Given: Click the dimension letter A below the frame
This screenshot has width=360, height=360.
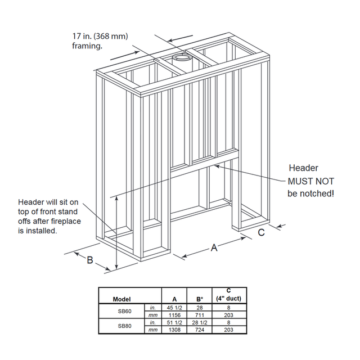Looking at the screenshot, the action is point(214,247).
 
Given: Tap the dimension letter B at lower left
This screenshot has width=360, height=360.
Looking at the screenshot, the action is point(90,260).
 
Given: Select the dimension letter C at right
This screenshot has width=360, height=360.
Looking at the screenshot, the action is point(261,232).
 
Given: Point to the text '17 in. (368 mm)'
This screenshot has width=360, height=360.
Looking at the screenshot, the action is point(100,36).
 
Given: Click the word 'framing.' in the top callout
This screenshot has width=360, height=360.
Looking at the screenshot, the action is point(87,46).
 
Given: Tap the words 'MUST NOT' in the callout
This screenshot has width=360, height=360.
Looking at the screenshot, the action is point(311,181).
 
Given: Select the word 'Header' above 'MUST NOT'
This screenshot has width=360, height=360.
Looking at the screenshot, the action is point(303,168).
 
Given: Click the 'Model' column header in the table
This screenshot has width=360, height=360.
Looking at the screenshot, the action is point(121,299).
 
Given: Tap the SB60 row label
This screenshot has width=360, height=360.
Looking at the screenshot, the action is point(125,311).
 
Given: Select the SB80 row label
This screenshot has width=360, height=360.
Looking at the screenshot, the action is point(125,326).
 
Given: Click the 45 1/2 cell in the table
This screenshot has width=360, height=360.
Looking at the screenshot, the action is point(174,308).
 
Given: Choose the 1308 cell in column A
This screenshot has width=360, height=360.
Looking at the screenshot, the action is point(174,330).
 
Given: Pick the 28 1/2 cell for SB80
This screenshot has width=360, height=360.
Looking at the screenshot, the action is point(200,322).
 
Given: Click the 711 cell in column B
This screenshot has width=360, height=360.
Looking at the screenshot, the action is point(200,315).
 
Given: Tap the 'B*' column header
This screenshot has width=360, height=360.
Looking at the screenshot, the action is point(200,299).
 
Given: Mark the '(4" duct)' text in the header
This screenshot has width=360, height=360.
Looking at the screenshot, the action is point(228,299).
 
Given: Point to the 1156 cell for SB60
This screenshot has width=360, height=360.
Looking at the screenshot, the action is point(174,315).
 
